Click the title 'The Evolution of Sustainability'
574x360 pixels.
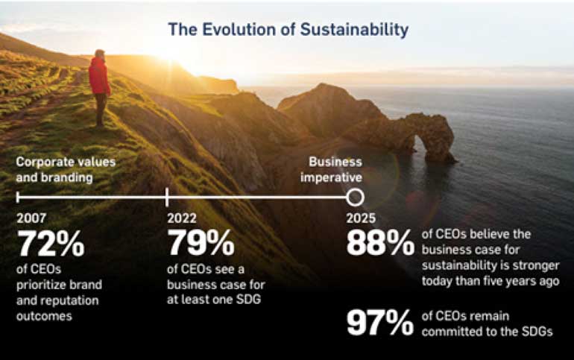pos(288,29)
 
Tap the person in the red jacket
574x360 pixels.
pos(99,88)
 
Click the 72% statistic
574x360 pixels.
pos(51,243)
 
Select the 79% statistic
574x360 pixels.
pos(201,243)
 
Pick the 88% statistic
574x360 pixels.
pos(380,243)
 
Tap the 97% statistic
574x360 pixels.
pos(380,322)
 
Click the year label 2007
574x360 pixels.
pos(31,218)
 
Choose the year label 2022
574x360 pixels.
pos(182,218)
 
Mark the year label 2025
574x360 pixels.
pos(361,218)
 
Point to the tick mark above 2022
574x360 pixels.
pos(167,198)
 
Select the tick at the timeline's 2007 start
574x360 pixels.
pos(18,198)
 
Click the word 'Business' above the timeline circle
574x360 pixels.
pos(335,162)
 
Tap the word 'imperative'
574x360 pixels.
pos(331,178)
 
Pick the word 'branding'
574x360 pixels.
pos(66,178)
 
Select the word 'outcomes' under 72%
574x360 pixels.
pos(44,316)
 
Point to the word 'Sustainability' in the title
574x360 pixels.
pos(354,30)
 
